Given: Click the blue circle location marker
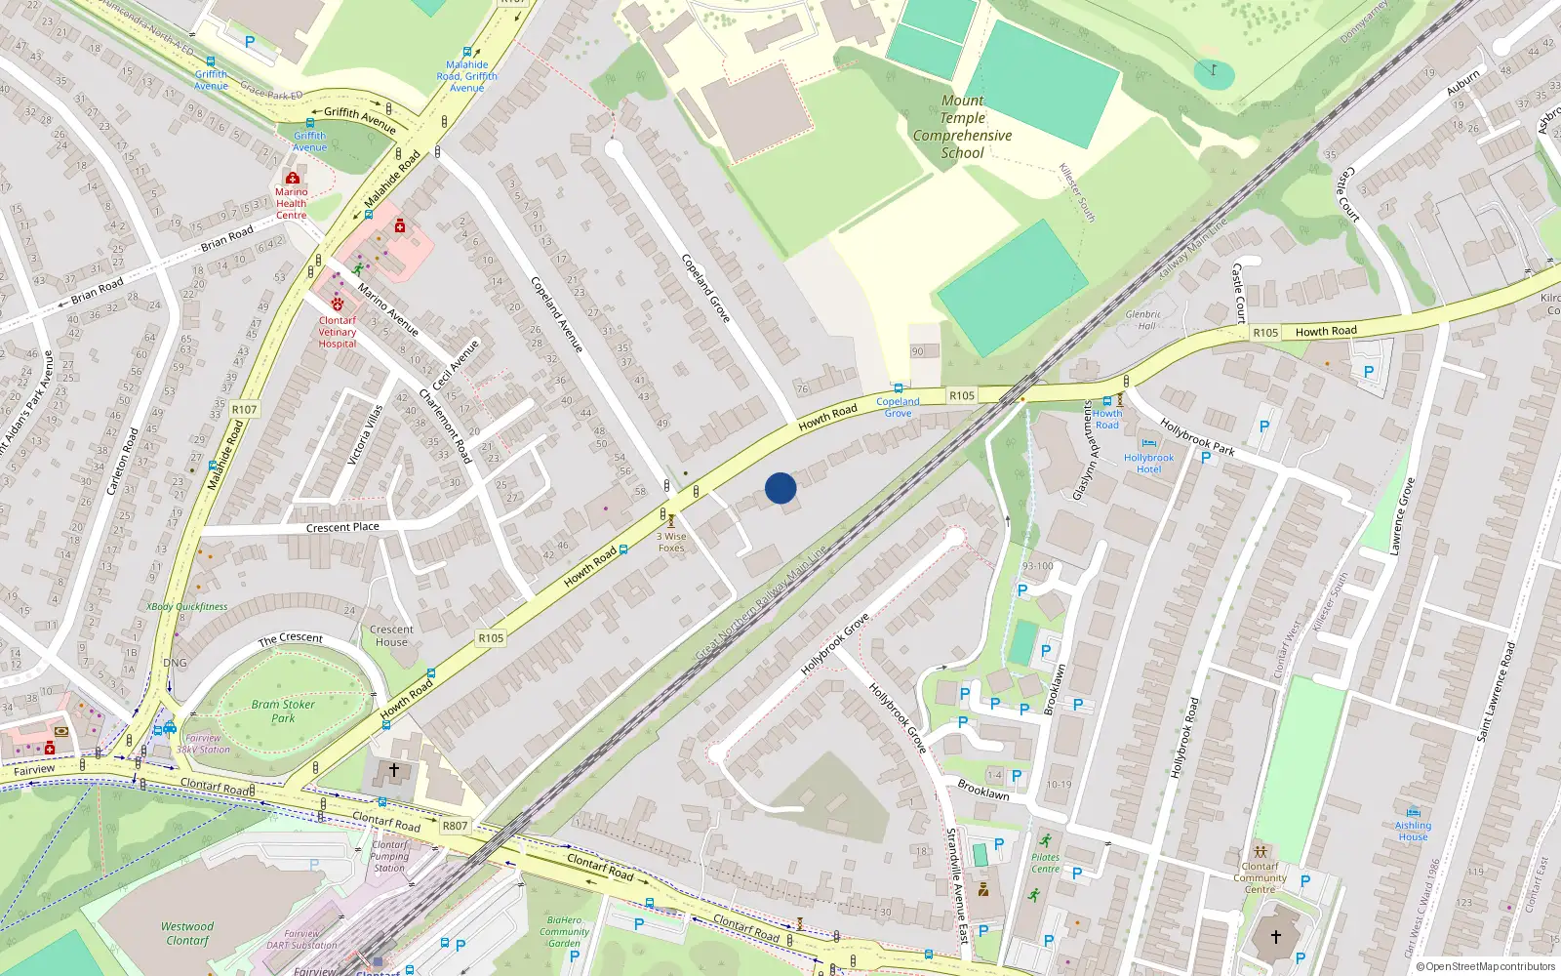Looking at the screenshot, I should coord(780,488).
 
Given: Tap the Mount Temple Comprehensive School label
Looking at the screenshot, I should coord(962,127).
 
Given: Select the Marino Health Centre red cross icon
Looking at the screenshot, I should coord(292,178).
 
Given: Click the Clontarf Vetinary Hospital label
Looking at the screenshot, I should coord(338,332).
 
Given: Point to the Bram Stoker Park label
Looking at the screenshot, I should coord(283,711).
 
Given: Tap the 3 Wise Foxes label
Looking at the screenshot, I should coord(671,542).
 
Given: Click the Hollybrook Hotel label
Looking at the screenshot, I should coord(1148,463).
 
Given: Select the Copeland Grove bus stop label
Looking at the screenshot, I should coord(898,407).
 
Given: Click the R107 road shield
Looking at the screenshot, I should coord(244,409).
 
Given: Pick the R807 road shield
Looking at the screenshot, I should coord(455,826).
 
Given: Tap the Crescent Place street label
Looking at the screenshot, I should coord(342,527).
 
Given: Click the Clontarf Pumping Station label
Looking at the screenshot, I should coord(389,856).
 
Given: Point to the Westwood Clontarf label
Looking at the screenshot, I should coord(187,933).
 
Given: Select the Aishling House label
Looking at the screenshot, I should coord(1413,831).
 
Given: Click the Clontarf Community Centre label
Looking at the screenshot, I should coord(1260,877).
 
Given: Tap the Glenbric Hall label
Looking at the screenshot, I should coord(1143,320).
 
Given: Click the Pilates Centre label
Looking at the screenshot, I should coord(1045,863).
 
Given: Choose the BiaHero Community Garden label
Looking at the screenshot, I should coord(565,931).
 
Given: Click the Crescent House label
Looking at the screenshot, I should coord(391,635).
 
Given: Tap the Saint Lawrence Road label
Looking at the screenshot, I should coord(1496,691).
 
